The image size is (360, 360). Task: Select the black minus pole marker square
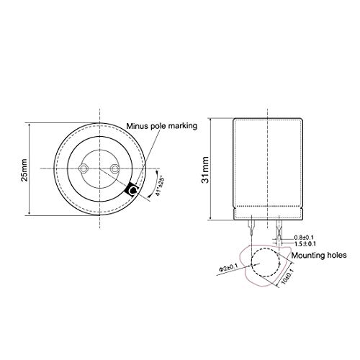pos(132,191)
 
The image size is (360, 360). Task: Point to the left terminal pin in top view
pos(85,168)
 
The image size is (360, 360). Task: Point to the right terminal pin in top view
pos(115,168)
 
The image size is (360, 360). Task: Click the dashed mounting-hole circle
pos(260,264)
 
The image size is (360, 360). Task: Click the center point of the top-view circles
pos(100,168)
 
